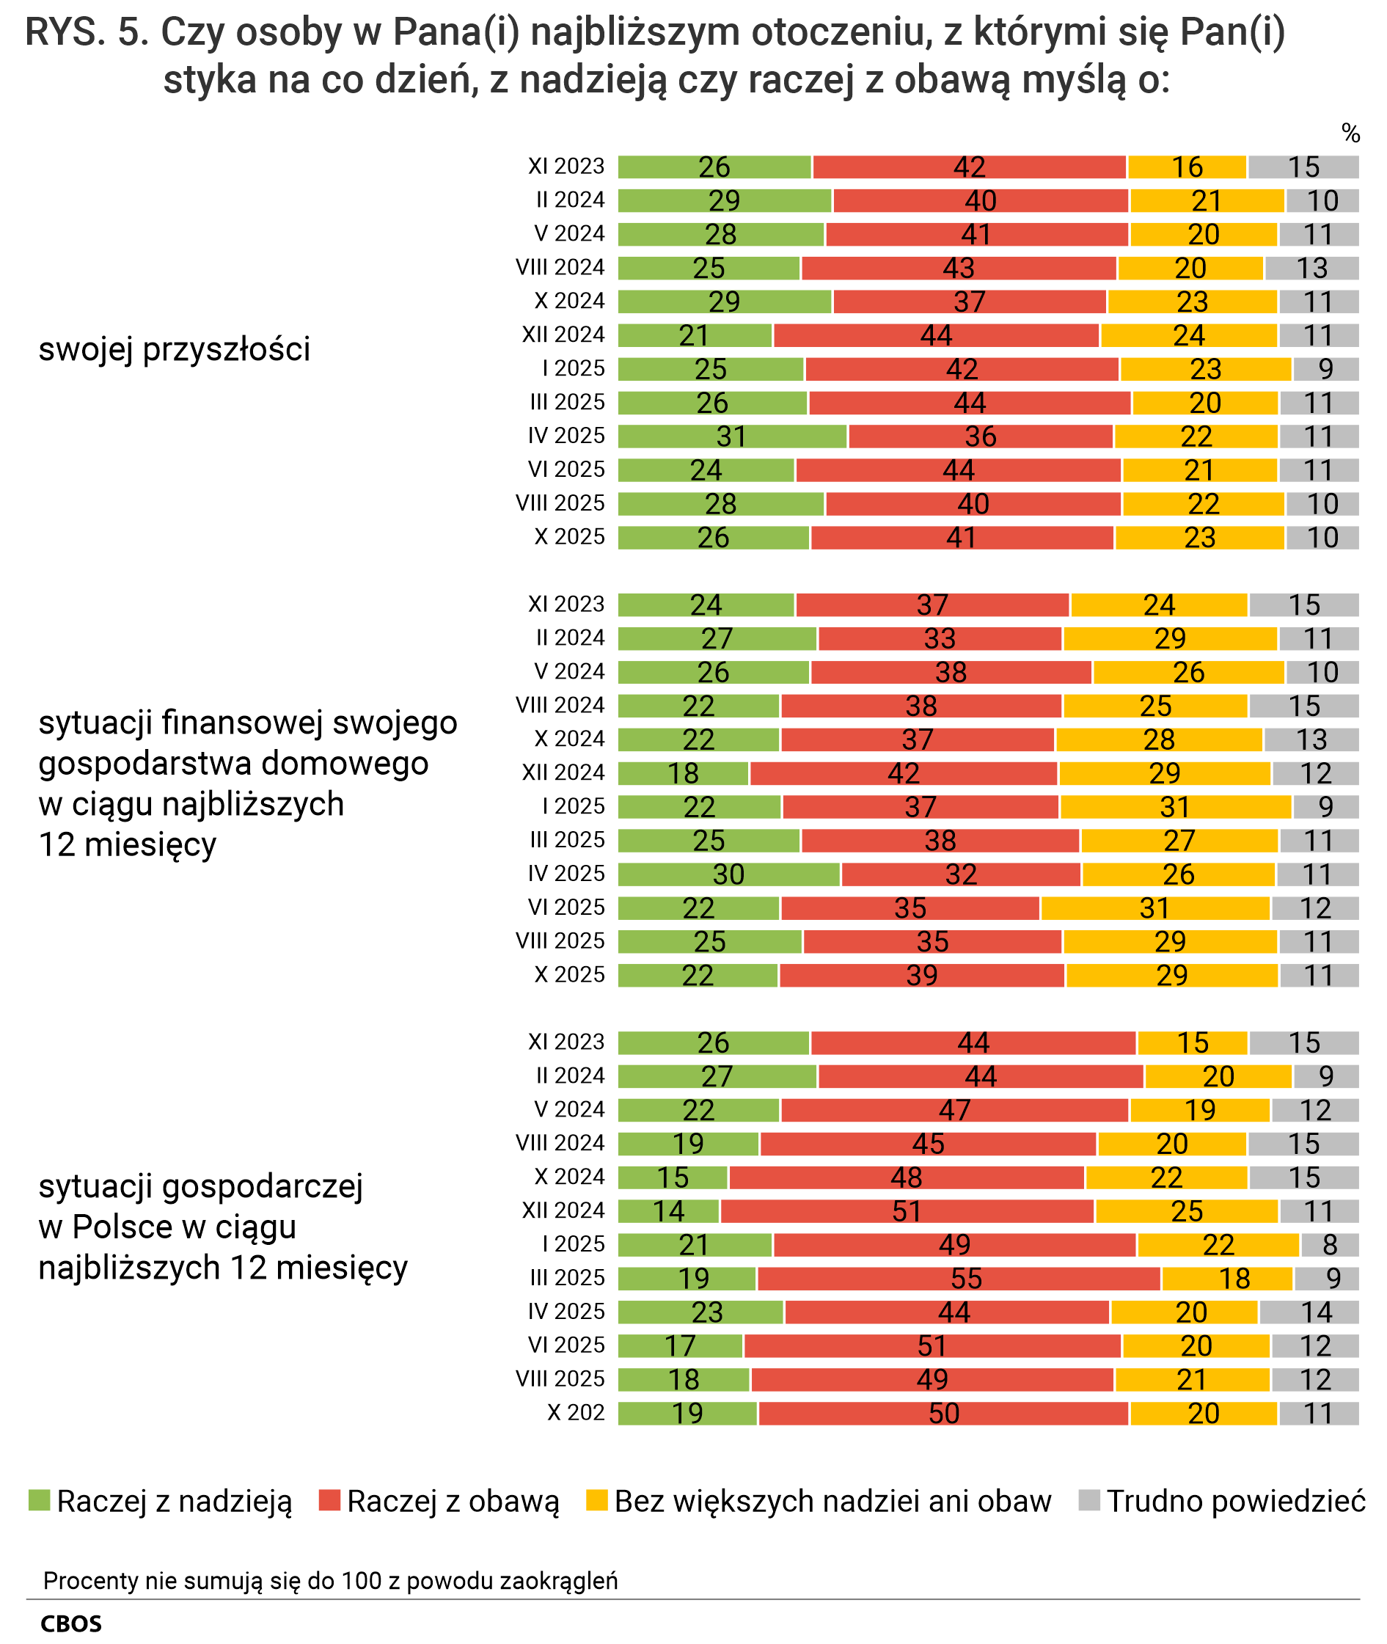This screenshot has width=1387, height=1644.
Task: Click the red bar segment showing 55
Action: tap(959, 1279)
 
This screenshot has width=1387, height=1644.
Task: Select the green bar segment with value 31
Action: tap(732, 436)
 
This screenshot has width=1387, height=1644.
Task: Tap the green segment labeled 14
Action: tap(668, 1210)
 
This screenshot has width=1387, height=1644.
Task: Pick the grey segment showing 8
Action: tap(1330, 1245)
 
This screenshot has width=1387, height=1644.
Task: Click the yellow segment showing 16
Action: tap(1187, 167)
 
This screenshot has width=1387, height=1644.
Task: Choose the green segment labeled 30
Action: tap(729, 874)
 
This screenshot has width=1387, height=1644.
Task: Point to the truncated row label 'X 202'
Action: tap(576, 1412)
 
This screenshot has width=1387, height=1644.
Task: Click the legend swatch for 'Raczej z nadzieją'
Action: tap(40, 1500)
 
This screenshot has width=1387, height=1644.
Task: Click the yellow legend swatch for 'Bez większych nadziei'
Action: tap(597, 1500)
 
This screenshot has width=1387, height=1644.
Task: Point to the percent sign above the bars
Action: tap(1351, 134)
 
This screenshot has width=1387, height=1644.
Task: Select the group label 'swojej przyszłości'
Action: tap(175, 349)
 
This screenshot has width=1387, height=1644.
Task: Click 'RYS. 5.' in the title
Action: tap(87, 33)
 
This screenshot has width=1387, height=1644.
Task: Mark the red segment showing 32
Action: tap(961, 874)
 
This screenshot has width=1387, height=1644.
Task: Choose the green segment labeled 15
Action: tap(673, 1177)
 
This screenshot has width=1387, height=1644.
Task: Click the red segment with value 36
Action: tap(981, 436)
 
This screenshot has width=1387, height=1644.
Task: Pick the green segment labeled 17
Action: tap(680, 1345)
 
